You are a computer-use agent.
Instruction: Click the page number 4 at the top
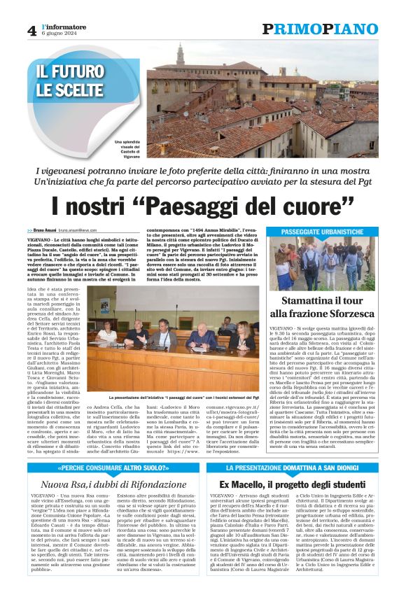click(31, 30)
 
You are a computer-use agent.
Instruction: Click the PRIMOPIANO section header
click(320, 29)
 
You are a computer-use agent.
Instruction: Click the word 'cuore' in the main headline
click(315, 207)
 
